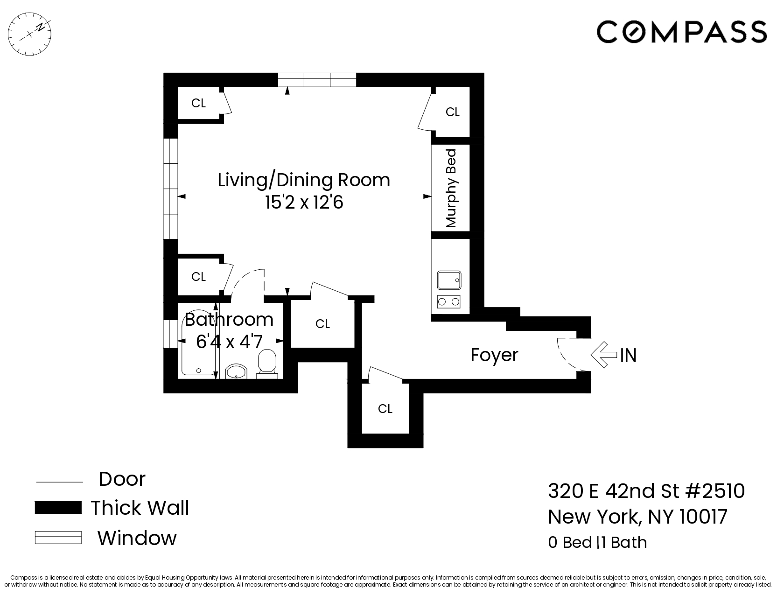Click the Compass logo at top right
point(682,32)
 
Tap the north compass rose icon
point(30,32)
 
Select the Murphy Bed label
point(451,188)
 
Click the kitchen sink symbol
point(449,280)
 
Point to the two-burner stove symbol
point(449,302)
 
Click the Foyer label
point(494,355)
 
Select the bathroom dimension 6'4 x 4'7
point(229,342)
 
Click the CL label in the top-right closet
point(452,112)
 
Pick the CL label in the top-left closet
point(198,103)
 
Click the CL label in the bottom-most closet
point(385,409)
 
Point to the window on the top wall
point(317,80)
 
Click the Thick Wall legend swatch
point(58,508)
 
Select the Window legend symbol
point(58,538)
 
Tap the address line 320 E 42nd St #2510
point(646,491)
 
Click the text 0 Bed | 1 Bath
point(597,543)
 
